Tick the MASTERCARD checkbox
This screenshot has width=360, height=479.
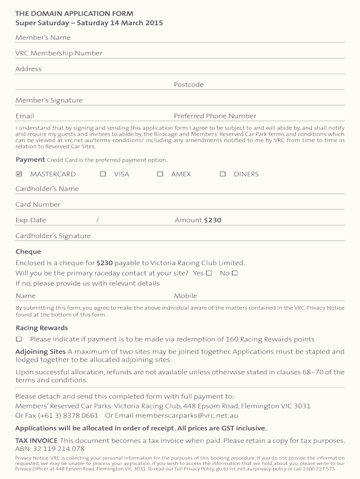[x=19, y=174]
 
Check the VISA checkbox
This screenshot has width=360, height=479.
[x=103, y=174]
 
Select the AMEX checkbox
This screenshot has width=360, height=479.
[x=160, y=174]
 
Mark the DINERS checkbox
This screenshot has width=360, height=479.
[x=223, y=174]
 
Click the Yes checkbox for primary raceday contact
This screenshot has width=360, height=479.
[x=209, y=273]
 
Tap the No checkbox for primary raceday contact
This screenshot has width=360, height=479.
[x=235, y=273]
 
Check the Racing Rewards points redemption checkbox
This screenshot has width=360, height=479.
[x=19, y=339]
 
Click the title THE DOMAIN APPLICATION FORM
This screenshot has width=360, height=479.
[x=74, y=14]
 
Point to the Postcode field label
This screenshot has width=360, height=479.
[x=188, y=85]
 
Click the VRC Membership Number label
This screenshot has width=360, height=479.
[x=59, y=53]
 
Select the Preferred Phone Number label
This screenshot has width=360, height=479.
[x=215, y=116]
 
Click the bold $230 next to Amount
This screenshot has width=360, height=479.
[x=213, y=220]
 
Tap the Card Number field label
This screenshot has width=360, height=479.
[x=38, y=204]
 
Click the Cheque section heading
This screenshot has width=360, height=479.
[x=28, y=252]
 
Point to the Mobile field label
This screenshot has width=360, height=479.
[x=186, y=296]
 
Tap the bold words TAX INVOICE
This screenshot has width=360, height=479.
[x=36, y=441]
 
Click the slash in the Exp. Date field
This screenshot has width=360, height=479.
[x=97, y=220]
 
